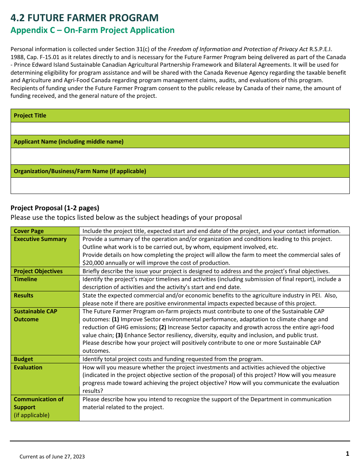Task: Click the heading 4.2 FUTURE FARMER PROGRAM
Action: coord(85,18)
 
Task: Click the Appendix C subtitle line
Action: coord(92,30)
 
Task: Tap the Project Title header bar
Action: coord(180,116)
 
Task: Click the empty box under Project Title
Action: coord(180,128)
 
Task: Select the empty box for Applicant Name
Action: coord(180,156)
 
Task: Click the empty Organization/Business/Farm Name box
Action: coord(180,186)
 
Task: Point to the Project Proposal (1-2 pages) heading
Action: coord(55,208)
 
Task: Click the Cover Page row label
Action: coord(29,231)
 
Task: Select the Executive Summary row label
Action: coord(40,239)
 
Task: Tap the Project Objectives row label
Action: coord(38,271)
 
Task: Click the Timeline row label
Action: coord(25,279)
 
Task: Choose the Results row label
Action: coord(23,296)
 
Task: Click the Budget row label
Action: coord(23,359)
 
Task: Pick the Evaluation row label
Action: coord(28,367)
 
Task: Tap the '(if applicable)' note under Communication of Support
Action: coord(31,415)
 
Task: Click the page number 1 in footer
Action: coord(347,454)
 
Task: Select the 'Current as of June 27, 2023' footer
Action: coord(52,457)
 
